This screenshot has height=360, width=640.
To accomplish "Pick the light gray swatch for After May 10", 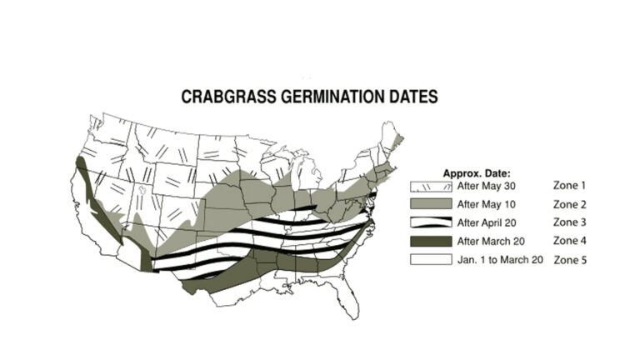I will pos(429,203).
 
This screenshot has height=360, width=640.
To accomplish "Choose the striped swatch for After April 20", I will pos(429,222).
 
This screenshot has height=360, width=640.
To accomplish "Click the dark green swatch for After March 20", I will pos(429,242).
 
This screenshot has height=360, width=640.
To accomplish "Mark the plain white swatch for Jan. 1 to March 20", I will pos(429,260).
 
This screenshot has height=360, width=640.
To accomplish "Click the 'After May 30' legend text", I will pos(487,185).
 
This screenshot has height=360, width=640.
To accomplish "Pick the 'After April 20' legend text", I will pos(488,222).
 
